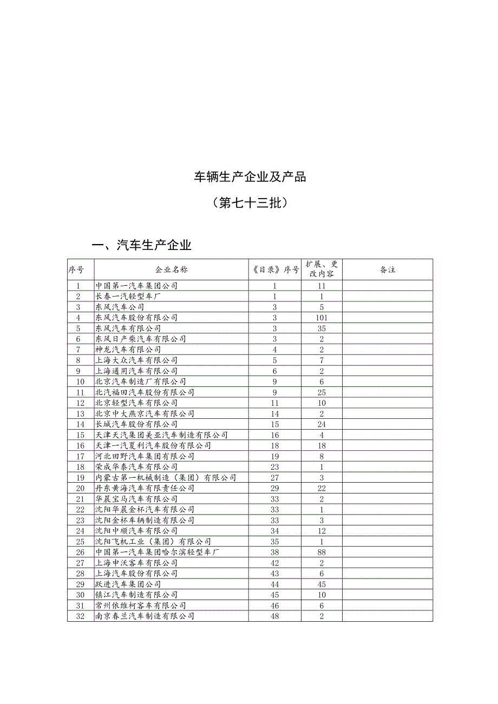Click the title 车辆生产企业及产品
tap(250, 177)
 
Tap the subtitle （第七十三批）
tap(250, 203)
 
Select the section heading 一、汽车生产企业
tap(142, 246)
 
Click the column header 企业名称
tap(171, 269)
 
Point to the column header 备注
tap(388, 269)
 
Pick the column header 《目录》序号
tap(275, 269)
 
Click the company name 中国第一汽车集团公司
tap(136, 286)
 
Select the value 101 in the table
tap(321, 318)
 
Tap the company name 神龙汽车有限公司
tap(128, 350)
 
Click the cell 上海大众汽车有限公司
tap(136, 360)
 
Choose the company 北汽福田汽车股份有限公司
tap(145, 392)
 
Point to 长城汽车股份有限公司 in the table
tap(136, 424)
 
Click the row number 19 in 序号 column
tap(81, 478)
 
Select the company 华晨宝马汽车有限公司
tap(136, 499)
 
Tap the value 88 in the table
tap(321, 552)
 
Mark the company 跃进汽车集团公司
tap(128, 584)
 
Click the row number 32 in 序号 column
tap(81, 616)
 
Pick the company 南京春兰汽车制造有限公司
tap(145, 616)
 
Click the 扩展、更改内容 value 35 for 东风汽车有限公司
tap(321, 328)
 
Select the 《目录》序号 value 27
tap(275, 478)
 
